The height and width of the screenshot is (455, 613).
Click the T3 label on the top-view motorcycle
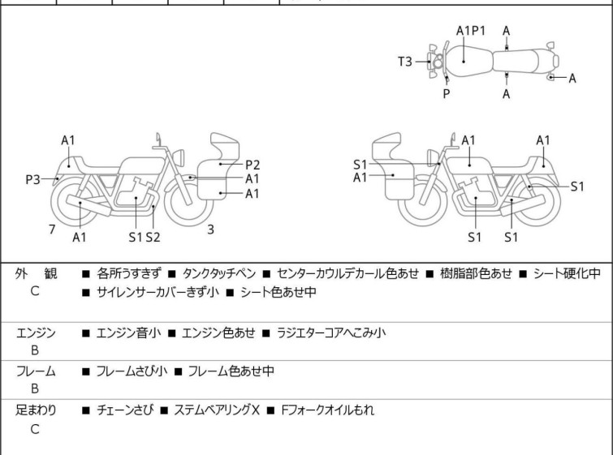pyautogui.click(x=405, y=61)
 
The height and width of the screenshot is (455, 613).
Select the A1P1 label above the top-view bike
pyautogui.click(x=471, y=31)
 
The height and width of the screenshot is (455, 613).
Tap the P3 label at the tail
pyautogui.click(x=32, y=179)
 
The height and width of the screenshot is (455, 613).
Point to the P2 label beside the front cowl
pyautogui.click(x=253, y=164)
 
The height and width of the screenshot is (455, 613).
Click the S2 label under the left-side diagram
pyautogui.click(x=153, y=237)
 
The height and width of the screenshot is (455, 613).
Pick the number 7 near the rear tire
pyautogui.click(x=52, y=230)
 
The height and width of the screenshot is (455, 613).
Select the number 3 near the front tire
pyautogui.click(x=210, y=230)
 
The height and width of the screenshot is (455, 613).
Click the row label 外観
pyautogui.click(x=37, y=274)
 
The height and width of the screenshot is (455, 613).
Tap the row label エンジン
pyautogui.click(x=37, y=333)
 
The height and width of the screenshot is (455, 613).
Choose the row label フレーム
pyautogui.click(x=37, y=371)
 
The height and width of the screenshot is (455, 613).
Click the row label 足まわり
pyautogui.click(x=37, y=410)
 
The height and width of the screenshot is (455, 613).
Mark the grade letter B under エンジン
pyautogui.click(x=35, y=351)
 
